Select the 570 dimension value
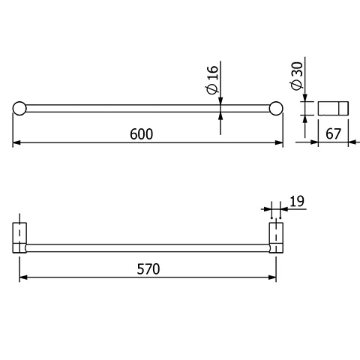coord(147,268)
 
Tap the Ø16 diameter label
coord(212,79)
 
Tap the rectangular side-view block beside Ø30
coord(333,108)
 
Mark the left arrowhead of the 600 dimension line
coord(16,142)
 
